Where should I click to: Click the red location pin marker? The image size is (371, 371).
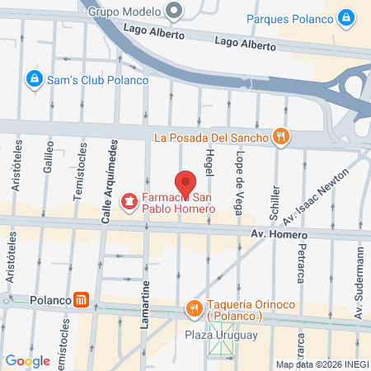coord(186,181)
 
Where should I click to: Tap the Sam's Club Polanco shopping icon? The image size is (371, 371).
coord(34,79)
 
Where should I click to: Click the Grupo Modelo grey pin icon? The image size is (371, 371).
coord(173,12)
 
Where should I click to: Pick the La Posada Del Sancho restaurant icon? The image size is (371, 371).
coord(280,136)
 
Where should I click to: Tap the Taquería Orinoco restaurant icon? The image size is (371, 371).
coord(195,308)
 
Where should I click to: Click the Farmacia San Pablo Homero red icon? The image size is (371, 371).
coord(129,200)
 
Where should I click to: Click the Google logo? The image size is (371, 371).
coord(27,360)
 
